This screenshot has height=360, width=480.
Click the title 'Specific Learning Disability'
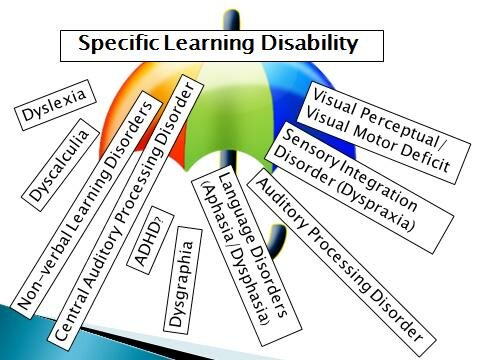point(217,45)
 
